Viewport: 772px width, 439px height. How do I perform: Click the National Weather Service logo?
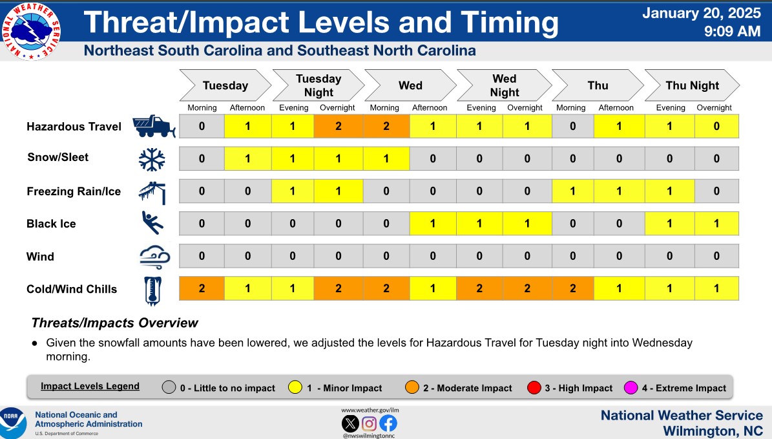click(x=31, y=31)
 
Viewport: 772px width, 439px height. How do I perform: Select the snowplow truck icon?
click(x=154, y=127)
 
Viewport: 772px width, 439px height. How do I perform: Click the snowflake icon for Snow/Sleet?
click(x=152, y=159)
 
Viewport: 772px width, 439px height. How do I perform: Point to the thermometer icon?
click(x=152, y=291)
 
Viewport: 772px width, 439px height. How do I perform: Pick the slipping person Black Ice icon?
click(x=152, y=222)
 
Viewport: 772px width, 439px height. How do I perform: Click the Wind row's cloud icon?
click(x=154, y=257)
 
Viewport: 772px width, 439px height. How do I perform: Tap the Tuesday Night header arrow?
click(x=318, y=85)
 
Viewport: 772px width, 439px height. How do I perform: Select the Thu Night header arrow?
click(x=693, y=85)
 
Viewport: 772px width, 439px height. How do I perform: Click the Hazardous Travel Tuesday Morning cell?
click(x=202, y=126)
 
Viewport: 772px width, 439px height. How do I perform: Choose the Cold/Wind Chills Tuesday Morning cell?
click(x=202, y=288)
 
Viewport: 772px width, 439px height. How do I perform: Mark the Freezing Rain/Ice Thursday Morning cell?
click(x=572, y=191)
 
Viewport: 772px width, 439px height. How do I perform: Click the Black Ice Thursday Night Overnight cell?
click(x=716, y=224)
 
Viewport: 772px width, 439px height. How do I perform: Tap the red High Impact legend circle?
click(x=534, y=388)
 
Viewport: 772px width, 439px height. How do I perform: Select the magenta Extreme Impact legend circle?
click(x=631, y=388)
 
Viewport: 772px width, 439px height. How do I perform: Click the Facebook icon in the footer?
click(x=388, y=423)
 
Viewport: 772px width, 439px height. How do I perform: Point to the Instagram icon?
click(x=370, y=423)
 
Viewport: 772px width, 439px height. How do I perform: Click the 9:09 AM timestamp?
click(x=732, y=31)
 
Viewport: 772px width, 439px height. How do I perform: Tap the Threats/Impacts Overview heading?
click(x=114, y=323)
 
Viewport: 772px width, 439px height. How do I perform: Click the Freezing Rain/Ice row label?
click(x=74, y=191)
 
